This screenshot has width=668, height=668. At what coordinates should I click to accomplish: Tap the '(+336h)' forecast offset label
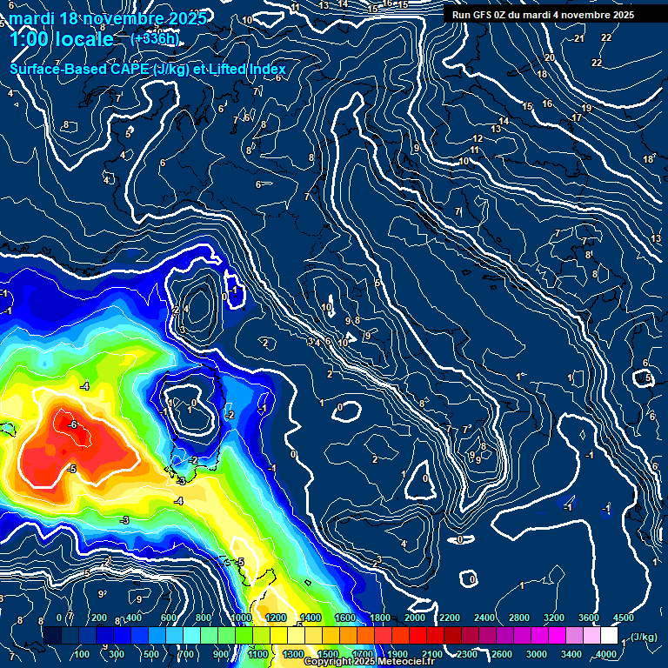(x=155, y=38)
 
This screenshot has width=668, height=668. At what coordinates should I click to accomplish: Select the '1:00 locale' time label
(x=61, y=40)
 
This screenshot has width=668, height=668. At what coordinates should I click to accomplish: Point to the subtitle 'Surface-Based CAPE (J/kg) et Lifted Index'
(x=148, y=70)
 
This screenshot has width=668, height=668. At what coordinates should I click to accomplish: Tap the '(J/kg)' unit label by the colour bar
(x=644, y=638)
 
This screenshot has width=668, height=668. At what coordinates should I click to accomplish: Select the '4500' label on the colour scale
(x=623, y=618)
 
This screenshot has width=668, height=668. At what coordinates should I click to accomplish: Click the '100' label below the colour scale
(x=83, y=654)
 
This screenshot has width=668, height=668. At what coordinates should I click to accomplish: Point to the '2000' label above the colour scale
(x=415, y=618)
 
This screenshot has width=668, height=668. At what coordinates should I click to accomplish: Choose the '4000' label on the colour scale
(x=606, y=654)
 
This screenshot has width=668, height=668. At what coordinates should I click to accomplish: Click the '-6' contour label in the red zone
(x=73, y=424)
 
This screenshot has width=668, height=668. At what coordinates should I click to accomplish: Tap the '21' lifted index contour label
(x=579, y=39)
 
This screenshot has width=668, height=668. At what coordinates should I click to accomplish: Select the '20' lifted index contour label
(x=549, y=57)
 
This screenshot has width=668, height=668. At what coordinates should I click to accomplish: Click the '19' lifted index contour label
(x=586, y=108)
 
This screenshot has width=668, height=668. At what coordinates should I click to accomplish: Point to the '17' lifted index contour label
(x=576, y=117)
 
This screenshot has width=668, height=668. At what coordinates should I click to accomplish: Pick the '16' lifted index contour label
(x=547, y=104)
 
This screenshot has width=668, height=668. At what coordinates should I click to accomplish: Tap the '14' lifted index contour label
(x=504, y=121)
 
